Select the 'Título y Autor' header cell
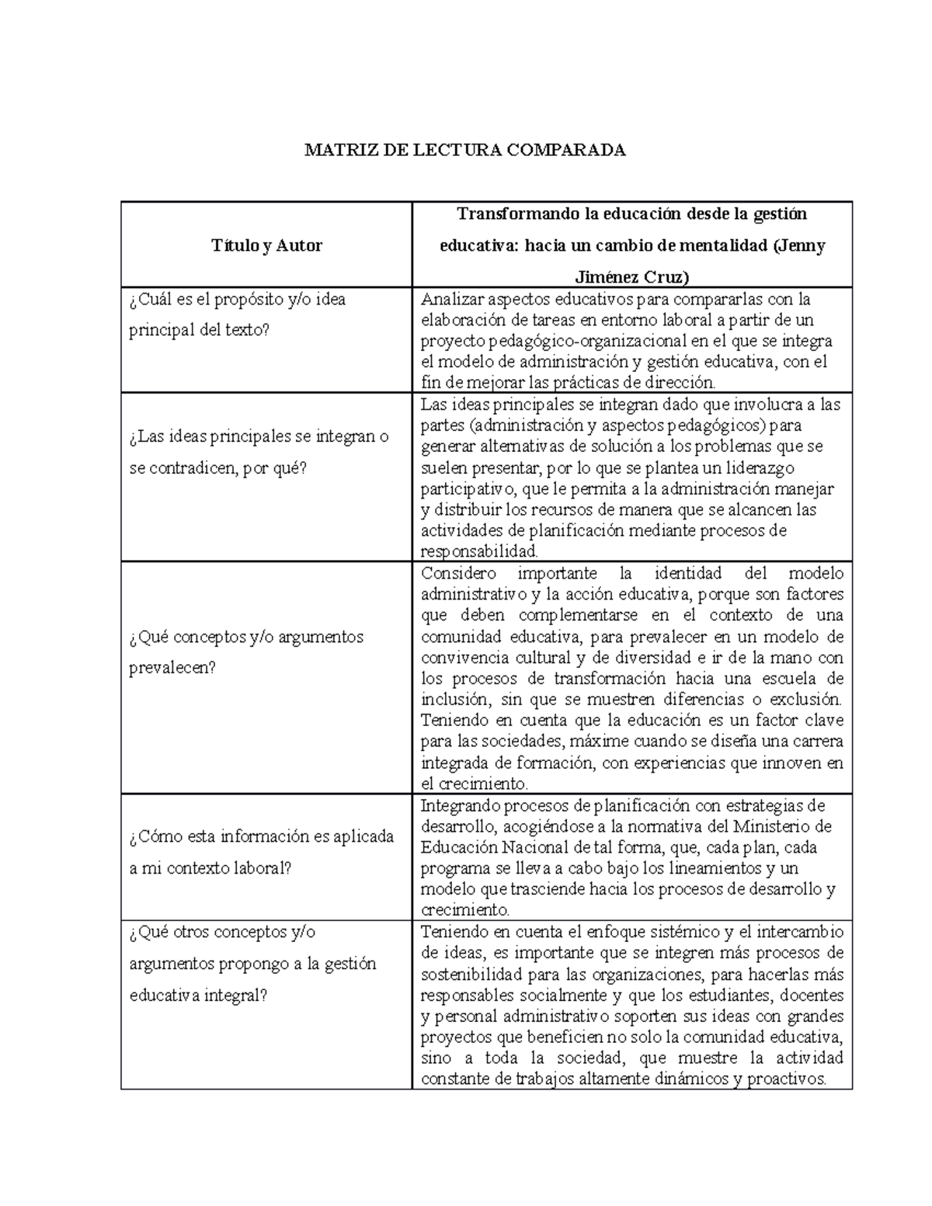(266, 245)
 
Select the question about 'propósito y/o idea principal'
(237, 315)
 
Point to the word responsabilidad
(478, 552)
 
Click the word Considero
(458, 573)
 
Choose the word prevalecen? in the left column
(172, 668)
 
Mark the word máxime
(595, 742)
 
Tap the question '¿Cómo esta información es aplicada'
(262, 836)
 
